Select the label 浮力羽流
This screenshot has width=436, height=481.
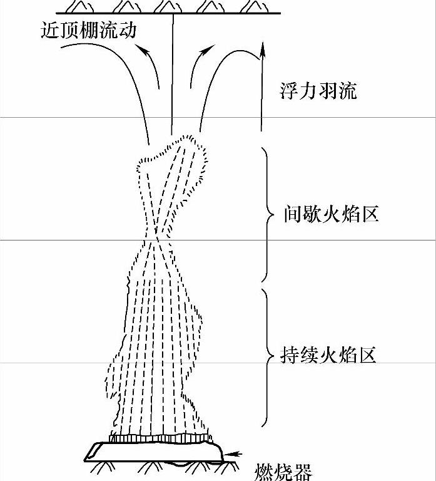point(318,91)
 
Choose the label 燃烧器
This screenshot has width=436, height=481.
point(283,472)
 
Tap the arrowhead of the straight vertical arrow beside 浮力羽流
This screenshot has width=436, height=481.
point(260,56)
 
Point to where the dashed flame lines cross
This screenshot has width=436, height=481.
point(155,240)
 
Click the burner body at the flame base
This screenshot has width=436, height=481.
point(156,450)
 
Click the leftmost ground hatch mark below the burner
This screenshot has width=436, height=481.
point(99,468)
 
